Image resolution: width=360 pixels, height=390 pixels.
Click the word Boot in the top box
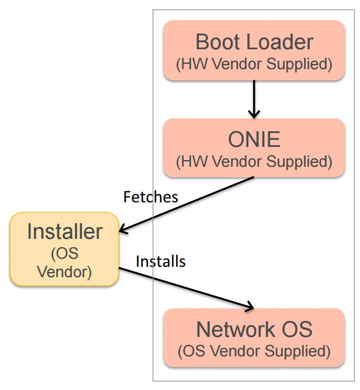[x=218, y=42]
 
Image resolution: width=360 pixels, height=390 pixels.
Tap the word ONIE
[x=254, y=139]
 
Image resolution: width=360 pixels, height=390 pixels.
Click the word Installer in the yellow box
[x=64, y=232]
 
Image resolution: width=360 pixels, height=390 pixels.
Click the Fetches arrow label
[x=151, y=197]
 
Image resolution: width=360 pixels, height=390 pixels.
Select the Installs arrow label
[x=161, y=262]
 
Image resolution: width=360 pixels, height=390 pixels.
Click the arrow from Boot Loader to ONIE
[x=254, y=99]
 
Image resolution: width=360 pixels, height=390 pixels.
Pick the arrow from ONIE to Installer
[x=187, y=204]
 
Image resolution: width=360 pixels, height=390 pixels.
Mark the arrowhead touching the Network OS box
[x=250, y=307]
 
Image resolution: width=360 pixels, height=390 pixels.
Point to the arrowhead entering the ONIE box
[x=254, y=114]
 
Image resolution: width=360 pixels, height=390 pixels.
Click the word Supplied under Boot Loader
[x=299, y=64]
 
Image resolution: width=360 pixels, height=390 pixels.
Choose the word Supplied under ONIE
[x=299, y=162]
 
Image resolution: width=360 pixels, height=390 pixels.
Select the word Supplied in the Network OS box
[x=297, y=351]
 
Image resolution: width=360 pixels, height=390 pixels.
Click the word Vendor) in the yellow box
[x=64, y=272]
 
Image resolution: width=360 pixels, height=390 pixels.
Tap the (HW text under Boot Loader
[x=191, y=64]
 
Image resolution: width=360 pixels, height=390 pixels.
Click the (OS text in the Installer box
[x=64, y=254]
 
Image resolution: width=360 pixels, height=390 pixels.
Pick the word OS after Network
[x=297, y=329]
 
